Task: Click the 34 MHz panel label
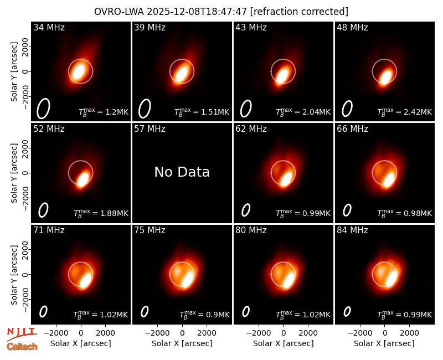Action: coord(49,27)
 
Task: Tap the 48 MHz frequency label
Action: coord(352,27)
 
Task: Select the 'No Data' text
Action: coord(182,172)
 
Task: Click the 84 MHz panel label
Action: coord(352,230)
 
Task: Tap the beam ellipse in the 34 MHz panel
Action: coord(43,109)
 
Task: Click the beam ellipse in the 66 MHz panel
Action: coord(347,210)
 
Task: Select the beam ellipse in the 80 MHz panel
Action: coord(246,312)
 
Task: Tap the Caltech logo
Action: coord(22,347)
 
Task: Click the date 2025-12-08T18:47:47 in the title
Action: coord(197,12)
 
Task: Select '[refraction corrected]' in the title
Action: coord(299,12)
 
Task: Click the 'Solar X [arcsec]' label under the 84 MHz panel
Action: coord(384,343)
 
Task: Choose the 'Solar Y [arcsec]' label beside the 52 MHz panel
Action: coord(14,173)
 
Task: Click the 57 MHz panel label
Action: coord(150,129)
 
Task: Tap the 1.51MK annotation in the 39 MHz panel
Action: coord(202,112)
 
